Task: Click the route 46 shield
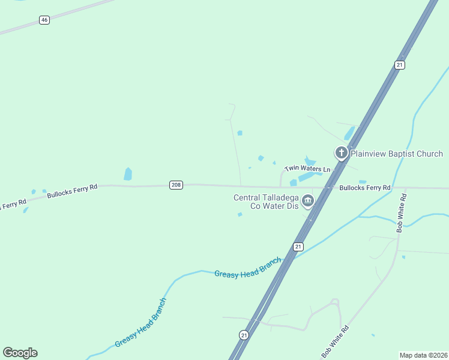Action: [x=44, y=20]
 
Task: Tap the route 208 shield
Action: [x=175, y=185]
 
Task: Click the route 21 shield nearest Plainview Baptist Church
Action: [x=399, y=64]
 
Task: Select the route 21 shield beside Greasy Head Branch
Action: [x=298, y=247]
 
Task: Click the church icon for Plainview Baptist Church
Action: [x=341, y=153]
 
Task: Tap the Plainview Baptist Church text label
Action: [x=396, y=154]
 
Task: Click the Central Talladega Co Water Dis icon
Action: [x=308, y=200]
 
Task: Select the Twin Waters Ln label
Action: [x=307, y=169]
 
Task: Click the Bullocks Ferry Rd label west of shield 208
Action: [x=72, y=191]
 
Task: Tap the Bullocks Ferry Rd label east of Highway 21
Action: [x=365, y=188]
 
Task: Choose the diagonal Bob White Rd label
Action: [x=335, y=339]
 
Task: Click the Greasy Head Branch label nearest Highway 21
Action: [x=247, y=268]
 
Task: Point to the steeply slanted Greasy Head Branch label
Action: [x=140, y=322]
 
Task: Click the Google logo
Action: [x=20, y=353]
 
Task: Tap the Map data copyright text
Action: [x=423, y=355]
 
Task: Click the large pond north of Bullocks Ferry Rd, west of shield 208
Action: [x=128, y=174]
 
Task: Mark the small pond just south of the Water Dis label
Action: [x=240, y=214]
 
